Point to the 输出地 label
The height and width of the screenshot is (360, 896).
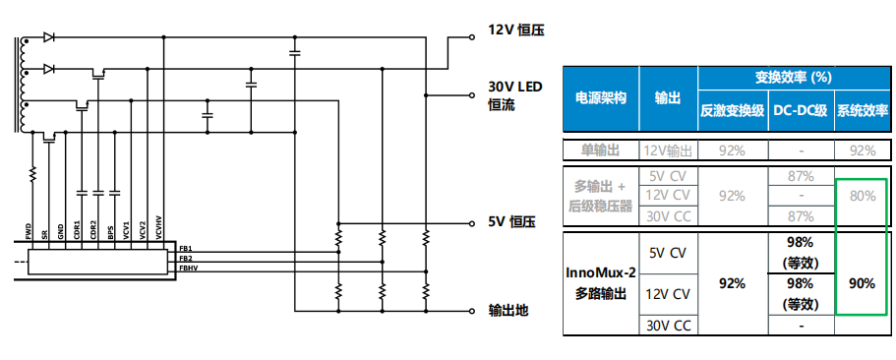click(508, 311)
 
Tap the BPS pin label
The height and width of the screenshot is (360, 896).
click(111, 231)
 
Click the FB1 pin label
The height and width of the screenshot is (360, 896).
click(185, 250)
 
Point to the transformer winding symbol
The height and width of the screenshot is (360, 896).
click(20, 85)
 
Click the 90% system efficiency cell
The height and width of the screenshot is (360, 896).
click(862, 283)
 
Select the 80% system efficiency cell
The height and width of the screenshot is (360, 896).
click(862, 196)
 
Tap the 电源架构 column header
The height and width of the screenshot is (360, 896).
click(601, 99)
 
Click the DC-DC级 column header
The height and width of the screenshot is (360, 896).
click(801, 111)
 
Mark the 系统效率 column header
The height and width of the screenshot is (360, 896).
click(862, 111)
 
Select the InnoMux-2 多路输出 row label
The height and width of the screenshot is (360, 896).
click(601, 283)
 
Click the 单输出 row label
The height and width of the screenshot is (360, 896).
click(601, 150)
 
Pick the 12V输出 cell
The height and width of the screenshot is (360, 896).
click(668, 150)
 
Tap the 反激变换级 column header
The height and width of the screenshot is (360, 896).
click(732, 111)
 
